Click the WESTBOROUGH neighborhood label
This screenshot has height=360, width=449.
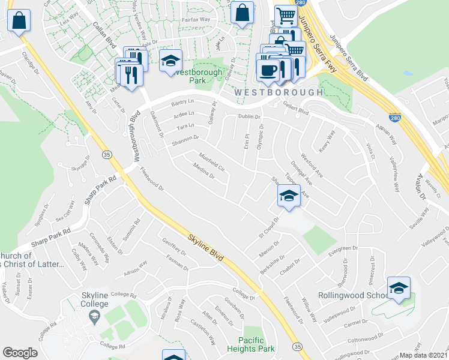point(279,92)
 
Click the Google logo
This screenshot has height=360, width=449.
point(20,353)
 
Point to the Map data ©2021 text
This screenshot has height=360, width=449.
point(424,355)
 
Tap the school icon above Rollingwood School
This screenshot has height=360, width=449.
point(399,289)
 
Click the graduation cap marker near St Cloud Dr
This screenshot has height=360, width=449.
point(289,196)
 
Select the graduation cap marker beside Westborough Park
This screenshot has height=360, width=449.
point(171,61)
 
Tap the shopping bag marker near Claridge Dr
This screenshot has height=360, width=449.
point(19,21)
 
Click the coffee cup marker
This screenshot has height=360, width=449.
point(268,69)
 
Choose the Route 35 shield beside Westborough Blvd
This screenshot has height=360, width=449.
point(107,155)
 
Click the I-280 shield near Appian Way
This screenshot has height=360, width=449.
point(394,118)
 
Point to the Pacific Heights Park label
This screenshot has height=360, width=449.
point(251,344)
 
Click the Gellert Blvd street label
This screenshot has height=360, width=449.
point(295,111)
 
